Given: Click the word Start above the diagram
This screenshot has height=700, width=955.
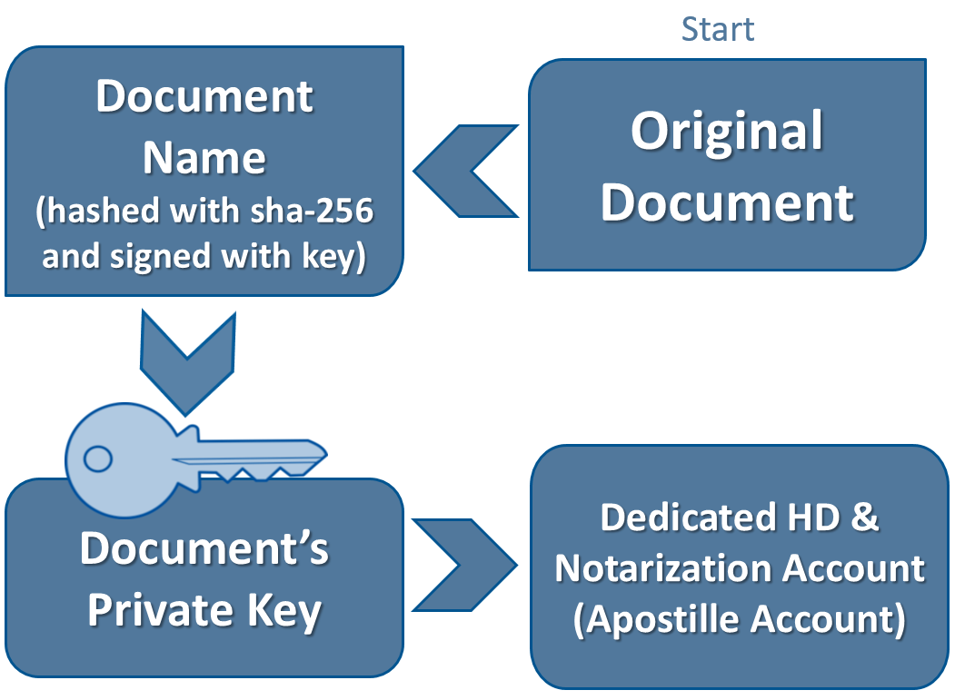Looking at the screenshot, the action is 718,29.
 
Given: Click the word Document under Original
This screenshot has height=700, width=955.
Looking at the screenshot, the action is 727,202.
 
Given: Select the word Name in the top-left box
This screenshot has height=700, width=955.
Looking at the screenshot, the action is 204,159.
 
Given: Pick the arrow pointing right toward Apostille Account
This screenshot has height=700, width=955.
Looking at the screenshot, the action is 463,565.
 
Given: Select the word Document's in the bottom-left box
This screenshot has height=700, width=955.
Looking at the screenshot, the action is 204,549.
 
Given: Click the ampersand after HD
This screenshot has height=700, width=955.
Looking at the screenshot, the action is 865,518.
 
